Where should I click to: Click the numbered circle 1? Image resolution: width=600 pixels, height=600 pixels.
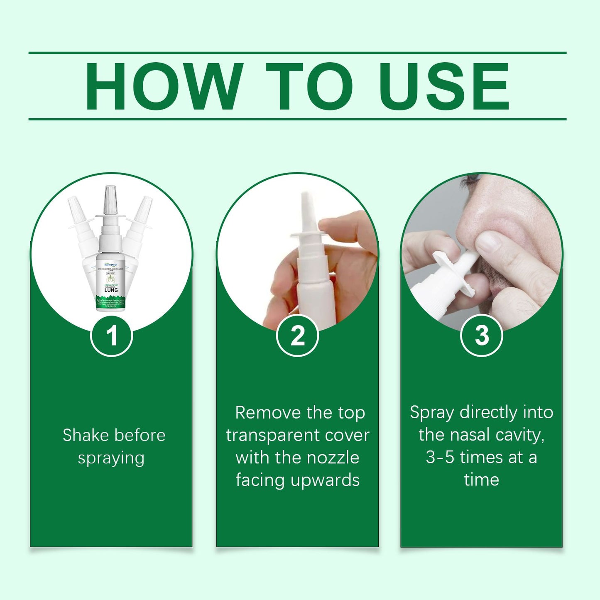pyautogui.click(x=111, y=335)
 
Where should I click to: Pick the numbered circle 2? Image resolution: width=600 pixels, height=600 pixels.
pyautogui.click(x=297, y=335)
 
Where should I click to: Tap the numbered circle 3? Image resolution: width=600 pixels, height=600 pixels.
pyautogui.click(x=481, y=335)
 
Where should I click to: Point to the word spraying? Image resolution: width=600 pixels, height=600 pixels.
pyautogui.click(x=111, y=458)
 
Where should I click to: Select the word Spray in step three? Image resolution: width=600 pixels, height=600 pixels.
pyautogui.click(x=432, y=413)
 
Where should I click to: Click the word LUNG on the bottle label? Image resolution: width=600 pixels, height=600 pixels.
pyautogui.click(x=111, y=290)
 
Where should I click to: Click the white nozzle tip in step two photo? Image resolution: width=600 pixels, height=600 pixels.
pyautogui.click(x=306, y=208)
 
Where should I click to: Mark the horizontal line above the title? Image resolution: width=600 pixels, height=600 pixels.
pyautogui.click(x=297, y=53)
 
